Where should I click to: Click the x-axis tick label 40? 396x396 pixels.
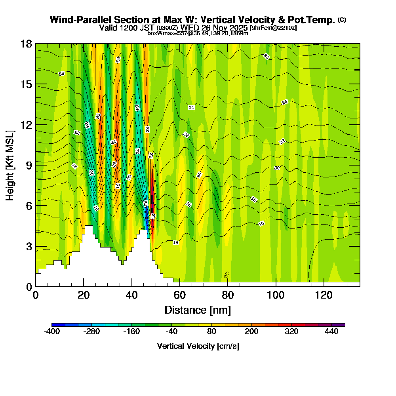coord(131,295)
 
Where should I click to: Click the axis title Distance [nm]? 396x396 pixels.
coord(198,309)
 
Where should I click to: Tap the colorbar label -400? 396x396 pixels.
coord(51,332)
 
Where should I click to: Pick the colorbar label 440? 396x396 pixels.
coord(331,332)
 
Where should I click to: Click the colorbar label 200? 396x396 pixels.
coord(251,332)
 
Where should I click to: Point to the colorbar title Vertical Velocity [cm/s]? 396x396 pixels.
coord(198,346)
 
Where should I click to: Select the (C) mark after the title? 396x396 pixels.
coord(342,20)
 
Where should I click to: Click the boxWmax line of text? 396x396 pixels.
coord(198,33)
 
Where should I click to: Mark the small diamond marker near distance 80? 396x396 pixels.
coord(227,274)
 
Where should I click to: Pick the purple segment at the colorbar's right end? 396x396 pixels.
coord(341,325)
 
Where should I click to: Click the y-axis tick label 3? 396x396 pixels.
coord(29,246)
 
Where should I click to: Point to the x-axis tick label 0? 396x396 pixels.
coord(36,295)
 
